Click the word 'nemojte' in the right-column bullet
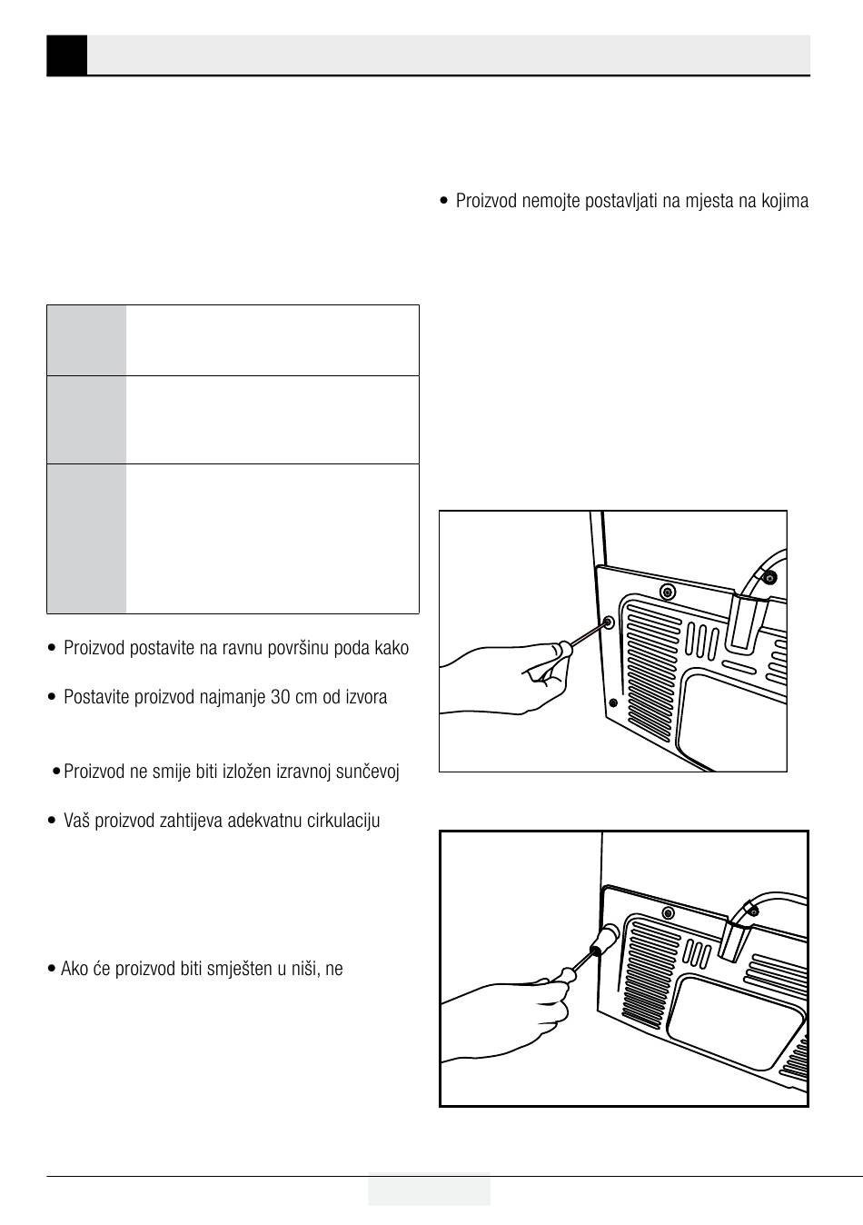[554, 201]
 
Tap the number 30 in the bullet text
[283, 698]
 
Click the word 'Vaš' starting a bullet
[75, 822]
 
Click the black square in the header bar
[66, 55]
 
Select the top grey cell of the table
[86, 340]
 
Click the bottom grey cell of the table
[86, 538]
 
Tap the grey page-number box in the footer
[429, 1190]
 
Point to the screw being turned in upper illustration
[608, 623]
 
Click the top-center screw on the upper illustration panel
[668, 592]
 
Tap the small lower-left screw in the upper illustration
[613, 702]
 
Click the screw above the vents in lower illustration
[669, 911]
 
